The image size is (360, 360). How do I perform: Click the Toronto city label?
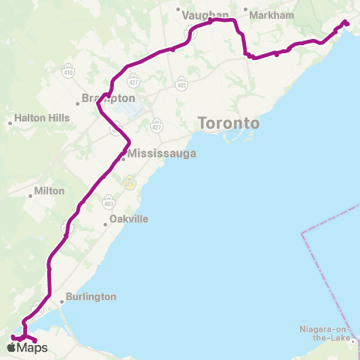pos(228,123)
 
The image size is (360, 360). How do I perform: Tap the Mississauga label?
pos(161,154)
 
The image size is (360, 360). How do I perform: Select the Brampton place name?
pos(109,98)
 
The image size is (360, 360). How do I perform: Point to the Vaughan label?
pos(205,14)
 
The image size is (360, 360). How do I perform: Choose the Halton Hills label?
pos(42,118)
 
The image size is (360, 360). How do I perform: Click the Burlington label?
pos(91,296)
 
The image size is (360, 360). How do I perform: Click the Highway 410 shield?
pos(68,73)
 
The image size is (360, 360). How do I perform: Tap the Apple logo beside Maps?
pos(13,347)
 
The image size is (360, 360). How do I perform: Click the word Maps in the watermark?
pos(32,347)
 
